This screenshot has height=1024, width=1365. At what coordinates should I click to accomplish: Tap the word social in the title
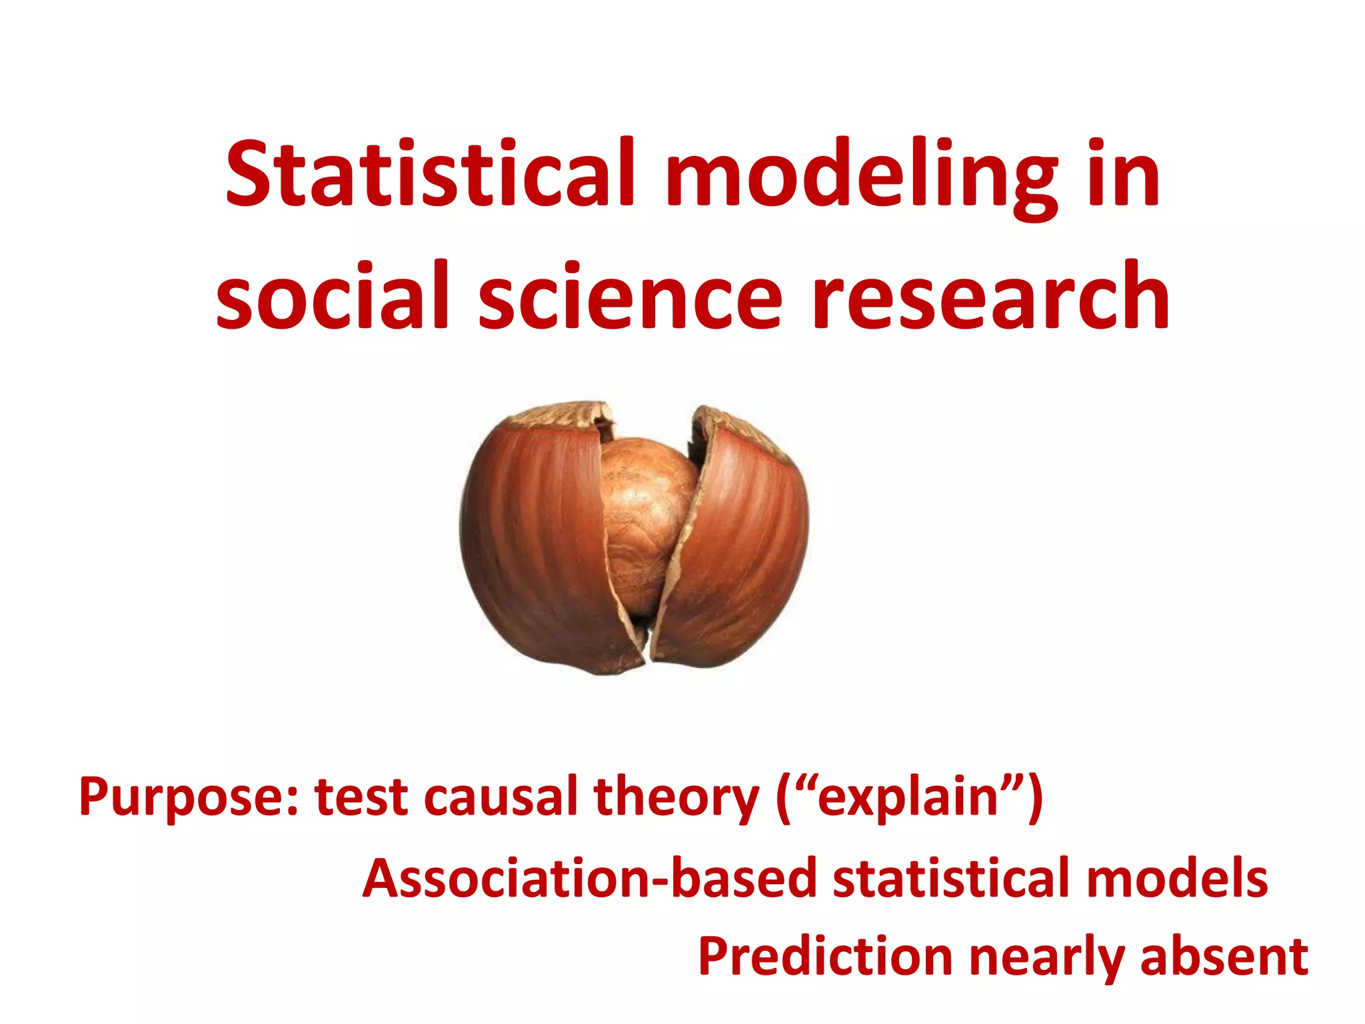click(333, 295)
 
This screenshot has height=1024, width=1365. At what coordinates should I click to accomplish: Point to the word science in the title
click(630, 295)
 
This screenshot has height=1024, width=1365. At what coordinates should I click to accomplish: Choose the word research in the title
click(990, 295)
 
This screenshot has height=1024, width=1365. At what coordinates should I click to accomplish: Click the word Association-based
click(589, 878)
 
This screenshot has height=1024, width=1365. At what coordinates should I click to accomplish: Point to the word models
click(1176, 878)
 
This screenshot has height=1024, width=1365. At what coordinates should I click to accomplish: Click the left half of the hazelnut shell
click(533, 533)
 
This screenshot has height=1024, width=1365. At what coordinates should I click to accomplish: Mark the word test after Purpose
click(361, 797)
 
